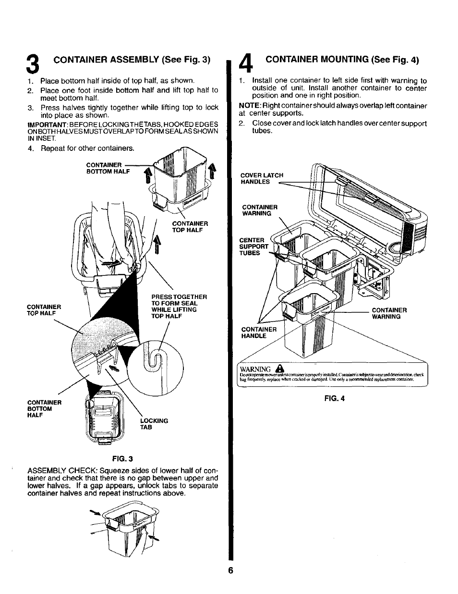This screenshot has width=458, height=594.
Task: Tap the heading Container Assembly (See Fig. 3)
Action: pyautogui.click(x=132, y=60)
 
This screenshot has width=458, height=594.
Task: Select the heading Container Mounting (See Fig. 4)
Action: pyautogui.click(x=342, y=60)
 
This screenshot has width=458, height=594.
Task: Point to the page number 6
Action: pyautogui.click(x=230, y=570)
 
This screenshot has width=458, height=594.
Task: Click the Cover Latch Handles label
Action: pyautogui.click(x=262, y=179)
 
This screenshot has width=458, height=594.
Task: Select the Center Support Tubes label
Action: pyautogui.click(x=254, y=247)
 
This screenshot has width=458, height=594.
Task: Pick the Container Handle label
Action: pyautogui.click(x=259, y=333)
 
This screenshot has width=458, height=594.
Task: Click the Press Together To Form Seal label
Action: pyautogui.click(x=179, y=307)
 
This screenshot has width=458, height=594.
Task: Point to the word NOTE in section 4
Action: pyautogui.click(x=248, y=106)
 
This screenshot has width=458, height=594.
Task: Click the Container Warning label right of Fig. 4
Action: pyautogui.click(x=389, y=313)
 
